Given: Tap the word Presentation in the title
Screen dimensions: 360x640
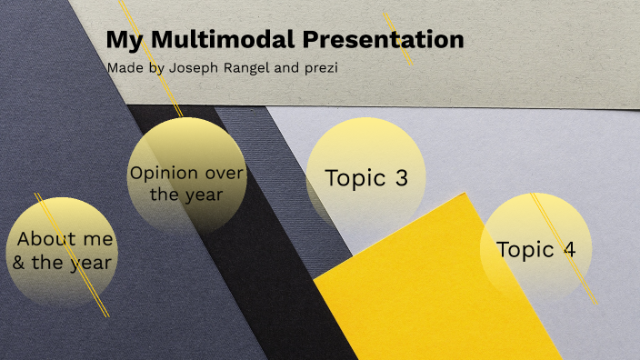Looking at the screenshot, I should point(383,40).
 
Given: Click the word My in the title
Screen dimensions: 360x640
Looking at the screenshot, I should point(122,40).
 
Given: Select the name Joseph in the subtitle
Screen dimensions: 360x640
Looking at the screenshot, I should point(192,68).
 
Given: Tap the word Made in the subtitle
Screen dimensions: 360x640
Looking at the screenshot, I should point(125,68).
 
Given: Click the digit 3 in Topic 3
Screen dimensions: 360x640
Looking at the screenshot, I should point(401,178).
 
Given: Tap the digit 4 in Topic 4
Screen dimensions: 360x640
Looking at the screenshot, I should point(569,249).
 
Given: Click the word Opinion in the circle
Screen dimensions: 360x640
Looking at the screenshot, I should point(164,173).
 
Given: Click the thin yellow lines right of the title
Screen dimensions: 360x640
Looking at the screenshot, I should point(398,38).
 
